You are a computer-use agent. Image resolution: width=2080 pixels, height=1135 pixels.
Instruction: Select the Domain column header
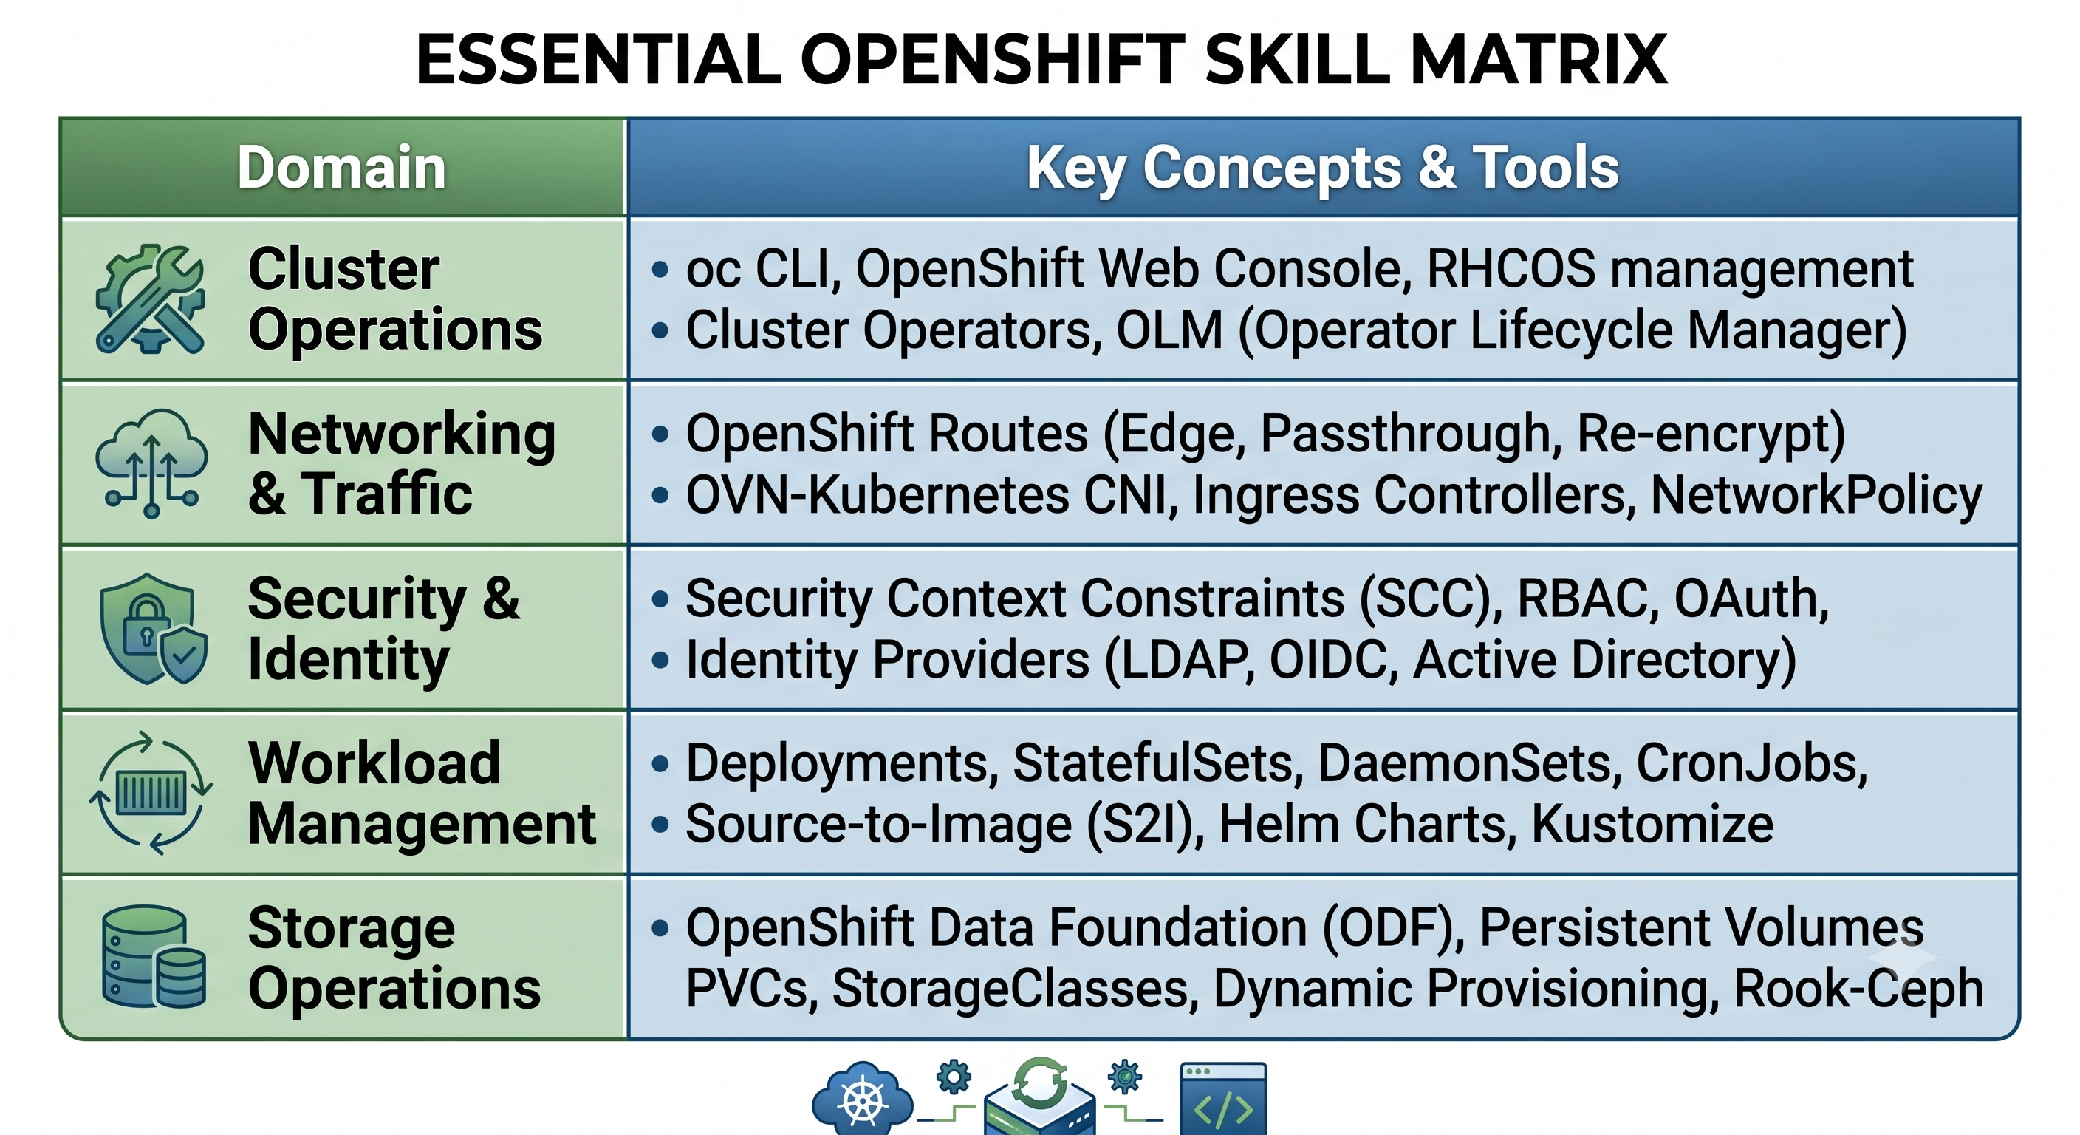click(341, 167)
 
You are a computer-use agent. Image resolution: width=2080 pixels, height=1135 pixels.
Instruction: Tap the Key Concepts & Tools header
click(1323, 168)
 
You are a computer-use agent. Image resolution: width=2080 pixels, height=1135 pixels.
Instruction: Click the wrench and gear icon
click(150, 299)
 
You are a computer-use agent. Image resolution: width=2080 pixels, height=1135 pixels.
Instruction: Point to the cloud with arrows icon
click(151, 463)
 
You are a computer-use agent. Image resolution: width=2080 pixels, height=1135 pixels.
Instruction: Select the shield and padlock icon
click(153, 629)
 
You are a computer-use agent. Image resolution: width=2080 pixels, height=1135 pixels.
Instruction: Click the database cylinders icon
click(154, 956)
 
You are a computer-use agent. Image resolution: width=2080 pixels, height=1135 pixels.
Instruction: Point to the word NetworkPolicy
click(1816, 495)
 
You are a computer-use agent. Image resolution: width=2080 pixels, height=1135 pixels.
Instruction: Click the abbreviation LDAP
click(1180, 660)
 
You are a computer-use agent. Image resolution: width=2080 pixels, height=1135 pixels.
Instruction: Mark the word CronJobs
click(1751, 763)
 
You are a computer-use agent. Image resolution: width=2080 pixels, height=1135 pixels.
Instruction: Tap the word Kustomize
click(1652, 824)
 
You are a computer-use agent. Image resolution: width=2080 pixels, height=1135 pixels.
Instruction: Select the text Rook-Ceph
click(1858, 989)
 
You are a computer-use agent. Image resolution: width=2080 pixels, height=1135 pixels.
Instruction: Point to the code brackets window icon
click(1223, 1099)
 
